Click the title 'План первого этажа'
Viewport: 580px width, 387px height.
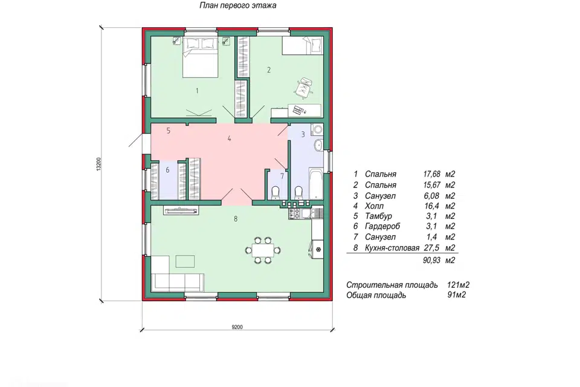[238, 5]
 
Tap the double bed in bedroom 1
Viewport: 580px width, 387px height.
[200, 57]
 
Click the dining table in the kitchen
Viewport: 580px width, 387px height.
[263, 250]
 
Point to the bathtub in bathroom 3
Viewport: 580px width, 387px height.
[315, 183]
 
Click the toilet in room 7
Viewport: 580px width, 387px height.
[275, 192]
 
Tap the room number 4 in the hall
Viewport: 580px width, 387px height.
[230, 139]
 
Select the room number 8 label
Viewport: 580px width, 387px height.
[236, 219]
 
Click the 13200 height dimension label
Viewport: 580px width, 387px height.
[98, 164]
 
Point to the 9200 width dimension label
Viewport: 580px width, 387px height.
[237, 327]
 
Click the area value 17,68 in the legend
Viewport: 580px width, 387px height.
[431, 174]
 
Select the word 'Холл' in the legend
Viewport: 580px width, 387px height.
[374, 206]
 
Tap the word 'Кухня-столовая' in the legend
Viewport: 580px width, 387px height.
[392, 248]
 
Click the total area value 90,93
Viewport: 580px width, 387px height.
[431, 261]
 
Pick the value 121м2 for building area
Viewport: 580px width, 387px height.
[459, 285]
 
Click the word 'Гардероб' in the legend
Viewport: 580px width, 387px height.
[382, 226]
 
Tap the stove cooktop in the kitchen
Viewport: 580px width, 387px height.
[295, 213]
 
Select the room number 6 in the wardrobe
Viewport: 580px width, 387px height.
[167, 170]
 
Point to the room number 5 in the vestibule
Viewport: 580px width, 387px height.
[169, 131]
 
